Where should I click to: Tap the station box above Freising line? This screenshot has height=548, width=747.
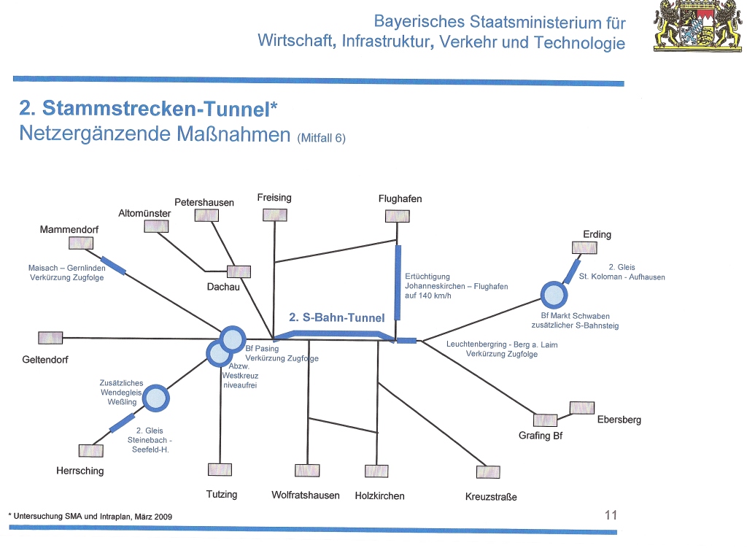(x=275, y=215)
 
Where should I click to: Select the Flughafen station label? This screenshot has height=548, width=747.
(x=400, y=198)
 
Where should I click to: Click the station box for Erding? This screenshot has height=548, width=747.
(x=584, y=248)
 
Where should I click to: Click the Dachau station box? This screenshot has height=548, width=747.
(x=239, y=271)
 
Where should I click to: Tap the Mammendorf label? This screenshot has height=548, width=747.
(x=69, y=229)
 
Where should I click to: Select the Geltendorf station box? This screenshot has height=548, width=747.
(x=50, y=337)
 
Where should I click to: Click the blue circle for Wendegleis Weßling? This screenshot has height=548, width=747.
(x=155, y=398)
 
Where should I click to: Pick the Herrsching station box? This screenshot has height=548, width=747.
(x=90, y=450)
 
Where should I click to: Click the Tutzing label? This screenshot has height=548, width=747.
(x=222, y=495)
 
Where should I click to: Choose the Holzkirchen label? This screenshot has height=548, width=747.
(x=379, y=495)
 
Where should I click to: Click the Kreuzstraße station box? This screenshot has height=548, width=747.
(x=488, y=471)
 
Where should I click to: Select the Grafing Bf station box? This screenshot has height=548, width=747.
(x=545, y=420)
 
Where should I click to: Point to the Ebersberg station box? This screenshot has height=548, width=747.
(x=582, y=407)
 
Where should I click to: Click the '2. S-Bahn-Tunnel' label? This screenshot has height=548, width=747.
(x=337, y=317)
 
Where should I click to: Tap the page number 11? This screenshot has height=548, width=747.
(x=611, y=514)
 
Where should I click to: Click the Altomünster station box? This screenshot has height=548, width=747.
(x=156, y=226)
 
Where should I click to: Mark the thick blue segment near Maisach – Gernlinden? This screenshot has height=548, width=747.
(x=113, y=266)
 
